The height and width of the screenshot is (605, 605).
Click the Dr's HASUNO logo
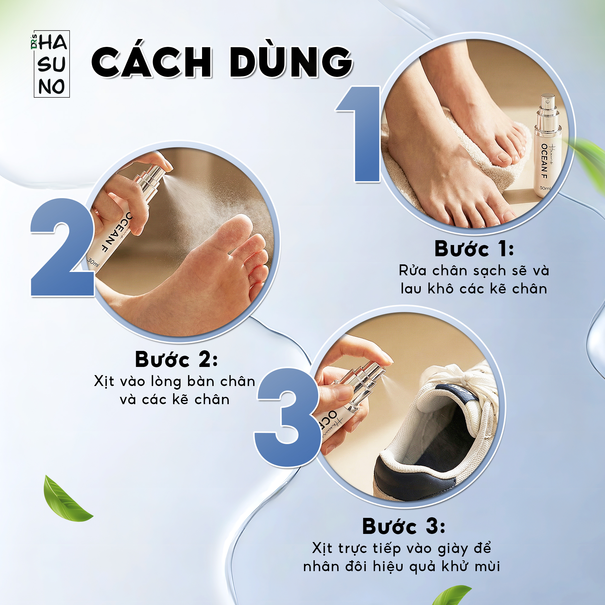tap(51, 64)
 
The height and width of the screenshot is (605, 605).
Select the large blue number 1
tap(359, 134)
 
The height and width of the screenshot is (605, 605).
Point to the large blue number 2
tap(62, 247)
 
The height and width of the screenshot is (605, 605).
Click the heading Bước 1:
tap(474, 249)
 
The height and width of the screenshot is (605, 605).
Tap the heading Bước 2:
tap(176, 359)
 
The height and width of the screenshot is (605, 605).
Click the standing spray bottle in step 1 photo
tap(548, 146)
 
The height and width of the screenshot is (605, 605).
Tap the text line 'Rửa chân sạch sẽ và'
tap(474, 270)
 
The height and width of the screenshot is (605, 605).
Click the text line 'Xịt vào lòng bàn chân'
tap(175, 382)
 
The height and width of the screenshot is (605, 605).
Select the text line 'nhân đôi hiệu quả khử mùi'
tap(402, 567)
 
